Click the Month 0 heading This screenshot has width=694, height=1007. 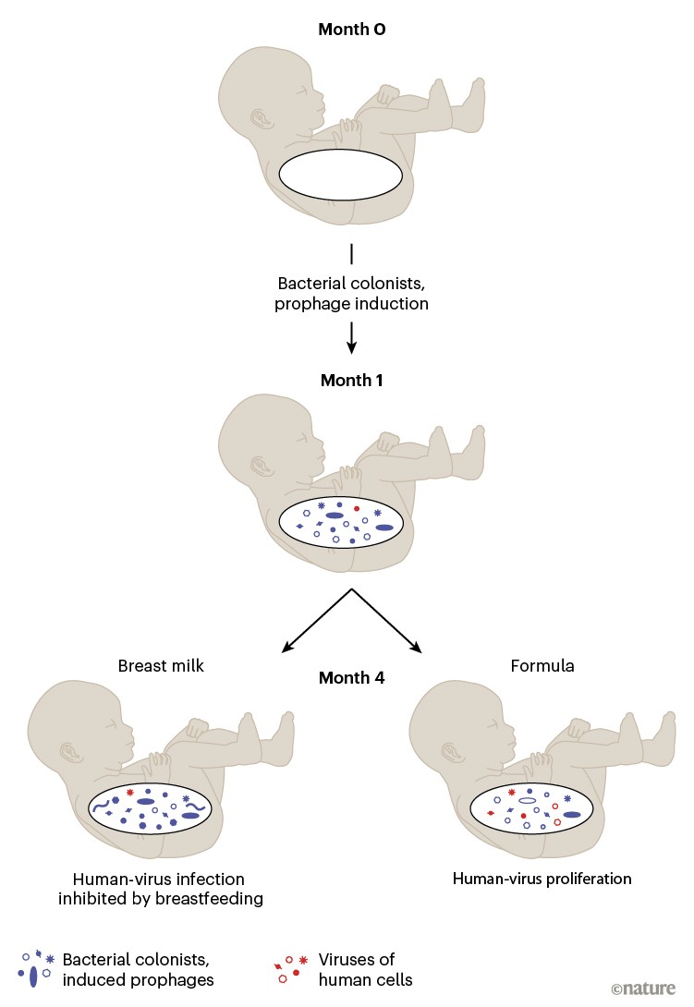pyautogui.click(x=351, y=30)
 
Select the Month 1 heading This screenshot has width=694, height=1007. pyautogui.click(x=351, y=380)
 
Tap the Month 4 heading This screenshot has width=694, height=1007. pyautogui.click(x=351, y=677)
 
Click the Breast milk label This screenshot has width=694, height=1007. pyautogui.click(x=154, y=665)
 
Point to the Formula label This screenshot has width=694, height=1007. pyautogui.click(x=542, y=665)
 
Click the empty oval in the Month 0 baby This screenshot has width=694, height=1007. pyautogui.click(x=341, y=174)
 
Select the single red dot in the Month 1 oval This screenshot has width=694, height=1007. pyautogui.click(x=357, y=509)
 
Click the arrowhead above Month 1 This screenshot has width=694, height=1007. pyautogui.click(x=352, y=348)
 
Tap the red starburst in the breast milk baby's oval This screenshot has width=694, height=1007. pyautogui.click(x=130, y=793)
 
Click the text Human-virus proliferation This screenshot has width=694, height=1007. pyautogui.click(x=542, y=878)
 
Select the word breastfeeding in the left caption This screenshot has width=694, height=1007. pyautogui.click(x=203, y=898)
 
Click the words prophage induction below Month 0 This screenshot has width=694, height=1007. pyautogui.click(x=351, y=303)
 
